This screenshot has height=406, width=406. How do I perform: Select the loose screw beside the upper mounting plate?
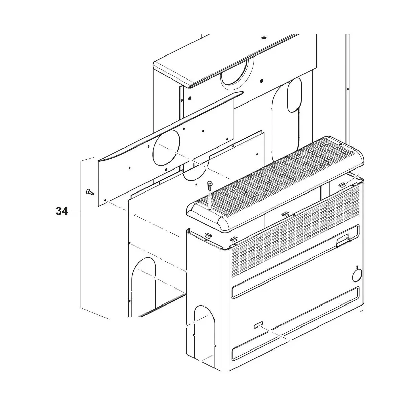(90, 192)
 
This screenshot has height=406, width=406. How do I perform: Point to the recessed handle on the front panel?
(343, 241)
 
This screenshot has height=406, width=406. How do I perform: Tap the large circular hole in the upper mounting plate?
(167, 147)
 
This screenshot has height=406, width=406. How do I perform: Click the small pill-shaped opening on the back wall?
(295, 95)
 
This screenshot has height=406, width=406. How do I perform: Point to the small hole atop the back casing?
(263, 38)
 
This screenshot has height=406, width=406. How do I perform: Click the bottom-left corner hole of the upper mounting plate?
(105, 200)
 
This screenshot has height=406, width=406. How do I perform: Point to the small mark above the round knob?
(357, 267)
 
